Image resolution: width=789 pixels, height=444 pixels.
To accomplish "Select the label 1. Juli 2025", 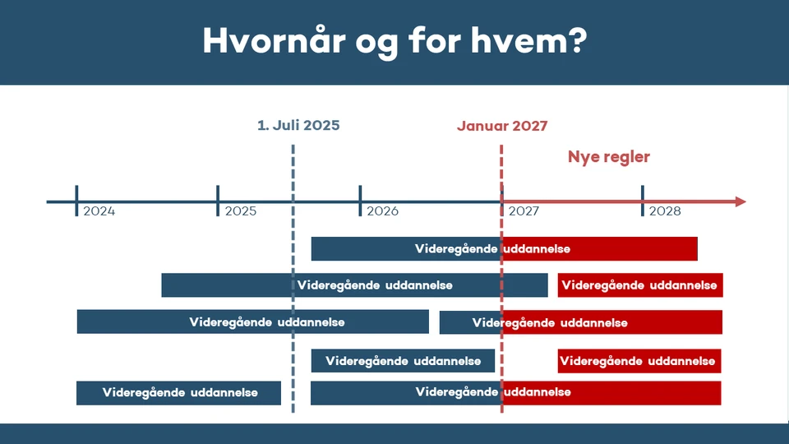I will (x=298, y=126).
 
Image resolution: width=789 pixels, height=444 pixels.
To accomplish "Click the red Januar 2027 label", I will (x=502, y=126).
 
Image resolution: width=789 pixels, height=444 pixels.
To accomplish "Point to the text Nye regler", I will (x=609, y=157).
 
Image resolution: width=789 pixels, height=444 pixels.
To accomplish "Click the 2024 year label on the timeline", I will (x=99, y=211).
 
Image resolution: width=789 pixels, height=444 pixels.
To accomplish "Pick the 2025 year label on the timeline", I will (x=241, y=211).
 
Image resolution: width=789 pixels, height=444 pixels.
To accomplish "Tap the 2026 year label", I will (x=383, y=211).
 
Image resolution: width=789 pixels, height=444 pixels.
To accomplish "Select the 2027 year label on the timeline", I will (x=524, y=211).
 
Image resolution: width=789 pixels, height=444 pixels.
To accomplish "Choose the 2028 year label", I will (x=665, y=211).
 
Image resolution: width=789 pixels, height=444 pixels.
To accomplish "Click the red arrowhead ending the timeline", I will (x=740, y=201).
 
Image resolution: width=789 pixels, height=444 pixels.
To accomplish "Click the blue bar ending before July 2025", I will (x=178, y=393).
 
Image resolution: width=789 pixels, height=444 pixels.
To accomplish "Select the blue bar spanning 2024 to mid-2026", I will (x=252, y=321).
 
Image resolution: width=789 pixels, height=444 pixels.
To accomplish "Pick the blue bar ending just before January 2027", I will (x=403, y=361).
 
